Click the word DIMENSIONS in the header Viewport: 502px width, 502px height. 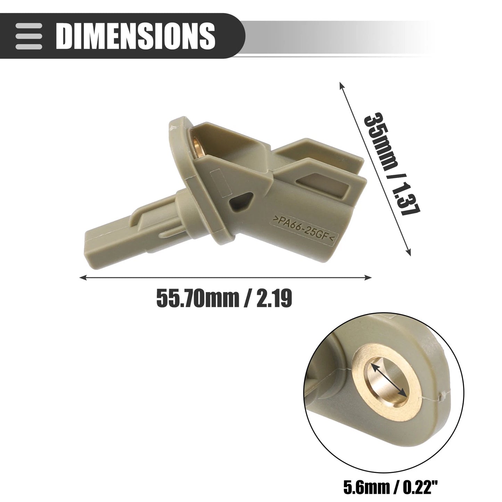coord(135,36)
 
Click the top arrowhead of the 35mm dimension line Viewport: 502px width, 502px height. coord(341,86)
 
